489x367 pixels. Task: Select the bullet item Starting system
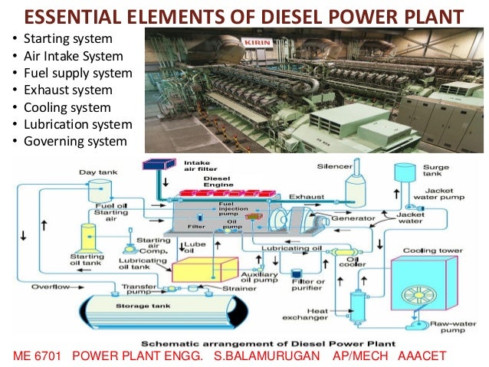coord(68,38)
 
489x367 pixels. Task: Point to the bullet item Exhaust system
coord(67,90)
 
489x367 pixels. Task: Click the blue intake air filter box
coord(161,164)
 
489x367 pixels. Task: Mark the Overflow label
coord(52,287)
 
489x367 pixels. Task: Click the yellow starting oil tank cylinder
coord(89,235)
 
